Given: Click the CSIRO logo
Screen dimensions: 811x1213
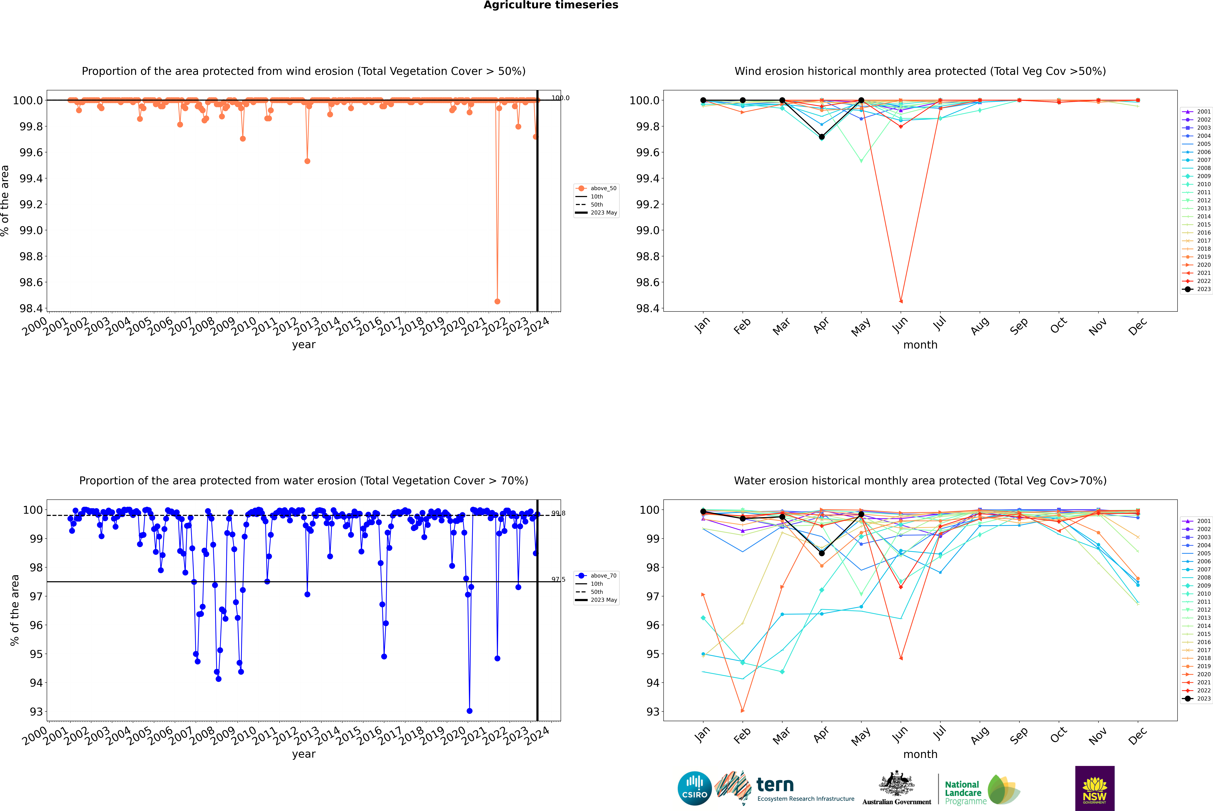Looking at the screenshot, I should click(694, 788).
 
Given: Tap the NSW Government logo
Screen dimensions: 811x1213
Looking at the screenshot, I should click(1095, 788).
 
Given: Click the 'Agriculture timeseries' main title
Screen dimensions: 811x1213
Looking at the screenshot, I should click(551, 5).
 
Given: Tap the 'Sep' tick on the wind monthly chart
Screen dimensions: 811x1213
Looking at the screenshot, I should click(1019, 326).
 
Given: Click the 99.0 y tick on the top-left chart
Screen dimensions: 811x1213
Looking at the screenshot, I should click(31, 230).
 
